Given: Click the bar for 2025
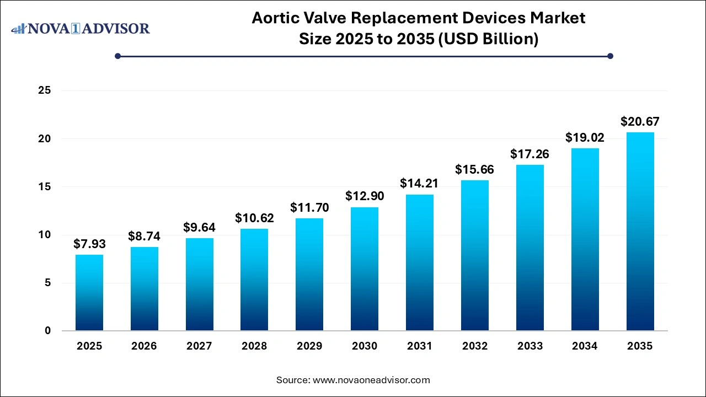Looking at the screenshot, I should [89, 293].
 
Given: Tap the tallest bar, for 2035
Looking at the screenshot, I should [640, 232].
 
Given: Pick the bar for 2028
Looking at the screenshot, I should [254, 280].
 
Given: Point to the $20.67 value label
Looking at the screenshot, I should [640, 121].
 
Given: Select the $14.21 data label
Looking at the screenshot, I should [420, 184].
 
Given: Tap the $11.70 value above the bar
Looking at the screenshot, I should [309, 208].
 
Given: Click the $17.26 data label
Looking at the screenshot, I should [530, 154].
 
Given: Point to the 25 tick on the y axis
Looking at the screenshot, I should [44, 90].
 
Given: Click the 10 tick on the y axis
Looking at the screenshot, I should [44, 235].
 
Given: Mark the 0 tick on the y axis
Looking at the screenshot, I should [48, 331].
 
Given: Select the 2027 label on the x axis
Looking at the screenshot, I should [199, 346].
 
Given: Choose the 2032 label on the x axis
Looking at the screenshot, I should [475, 346].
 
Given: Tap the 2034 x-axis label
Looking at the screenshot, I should [585, 346].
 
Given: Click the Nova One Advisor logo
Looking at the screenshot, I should [81, 28].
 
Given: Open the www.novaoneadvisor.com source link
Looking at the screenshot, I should [371, 380].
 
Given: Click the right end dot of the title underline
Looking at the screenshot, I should [610, 56].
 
